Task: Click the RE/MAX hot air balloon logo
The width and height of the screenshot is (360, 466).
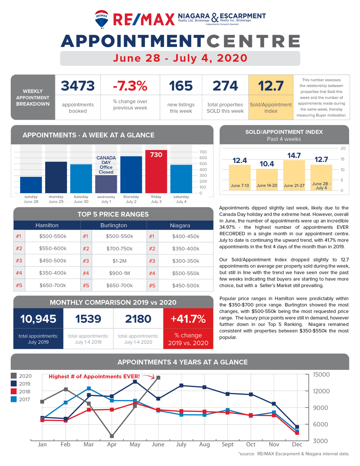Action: point(101,19)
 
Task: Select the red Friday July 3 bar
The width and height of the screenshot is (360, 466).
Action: point(156,171)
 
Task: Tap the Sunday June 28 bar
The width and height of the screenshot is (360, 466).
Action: point(31,185)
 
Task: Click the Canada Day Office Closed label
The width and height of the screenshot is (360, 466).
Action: point(106,165)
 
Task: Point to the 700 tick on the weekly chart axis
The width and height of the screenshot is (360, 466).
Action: point(203,152)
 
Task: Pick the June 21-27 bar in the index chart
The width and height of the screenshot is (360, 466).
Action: point(294,175)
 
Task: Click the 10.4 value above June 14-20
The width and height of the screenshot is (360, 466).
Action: point(267,164)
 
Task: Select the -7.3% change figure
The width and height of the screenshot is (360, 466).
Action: point(130,86)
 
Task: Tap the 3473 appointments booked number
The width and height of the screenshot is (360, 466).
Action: point(78,86)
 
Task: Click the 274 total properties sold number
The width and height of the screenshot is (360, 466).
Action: point(225,86)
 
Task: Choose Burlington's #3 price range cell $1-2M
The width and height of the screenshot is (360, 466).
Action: point(119,261)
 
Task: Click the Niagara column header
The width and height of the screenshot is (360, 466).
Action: point(180,225)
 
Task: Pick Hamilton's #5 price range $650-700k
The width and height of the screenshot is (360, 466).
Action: point(52,285)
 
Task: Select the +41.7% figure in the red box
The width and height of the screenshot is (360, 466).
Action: point(188,319)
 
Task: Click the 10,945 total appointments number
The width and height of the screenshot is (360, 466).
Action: point(38,319)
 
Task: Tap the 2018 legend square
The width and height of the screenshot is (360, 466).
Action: point(14,391)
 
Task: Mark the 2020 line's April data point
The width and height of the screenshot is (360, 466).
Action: point(112,436)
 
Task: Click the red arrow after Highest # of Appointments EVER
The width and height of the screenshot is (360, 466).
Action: point(148,376)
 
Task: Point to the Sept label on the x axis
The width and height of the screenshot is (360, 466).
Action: point(227,445)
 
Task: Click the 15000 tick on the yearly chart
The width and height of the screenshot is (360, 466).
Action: point(321,374)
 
